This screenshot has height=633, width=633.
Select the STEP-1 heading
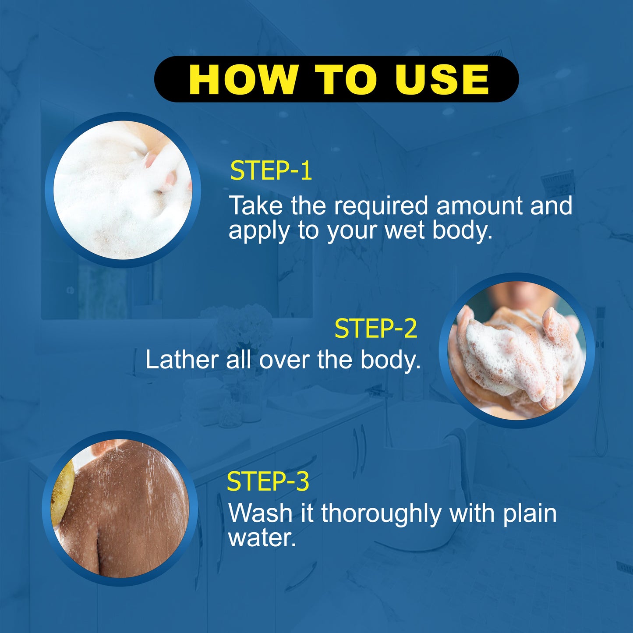[x=271, y=171]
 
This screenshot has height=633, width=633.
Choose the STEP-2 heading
[x=376, y=329]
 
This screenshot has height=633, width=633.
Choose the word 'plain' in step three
[x=530, y=514]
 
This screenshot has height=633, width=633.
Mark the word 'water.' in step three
[x=262, y=538]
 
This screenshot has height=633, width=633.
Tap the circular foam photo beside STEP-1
[x=123, y=190]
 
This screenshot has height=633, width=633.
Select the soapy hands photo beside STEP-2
[x=517, y=350]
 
